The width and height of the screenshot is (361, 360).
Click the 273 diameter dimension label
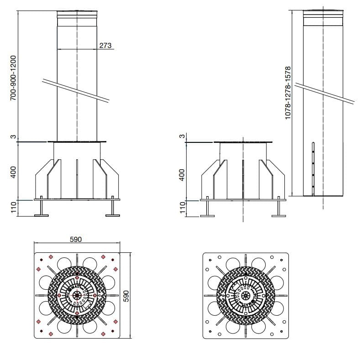(105, 46)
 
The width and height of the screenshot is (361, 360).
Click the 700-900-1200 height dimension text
(14, 78)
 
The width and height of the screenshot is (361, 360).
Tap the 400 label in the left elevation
(14, 172)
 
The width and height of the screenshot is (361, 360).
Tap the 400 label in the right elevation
(182, 174)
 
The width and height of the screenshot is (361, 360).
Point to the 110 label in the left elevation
(14, 208)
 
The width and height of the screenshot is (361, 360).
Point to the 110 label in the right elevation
(182, 208)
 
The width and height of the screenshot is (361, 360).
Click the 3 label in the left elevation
(14, 137)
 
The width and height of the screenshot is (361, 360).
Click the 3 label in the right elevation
(182, 136)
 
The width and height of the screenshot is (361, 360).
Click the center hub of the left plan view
(77, 295)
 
